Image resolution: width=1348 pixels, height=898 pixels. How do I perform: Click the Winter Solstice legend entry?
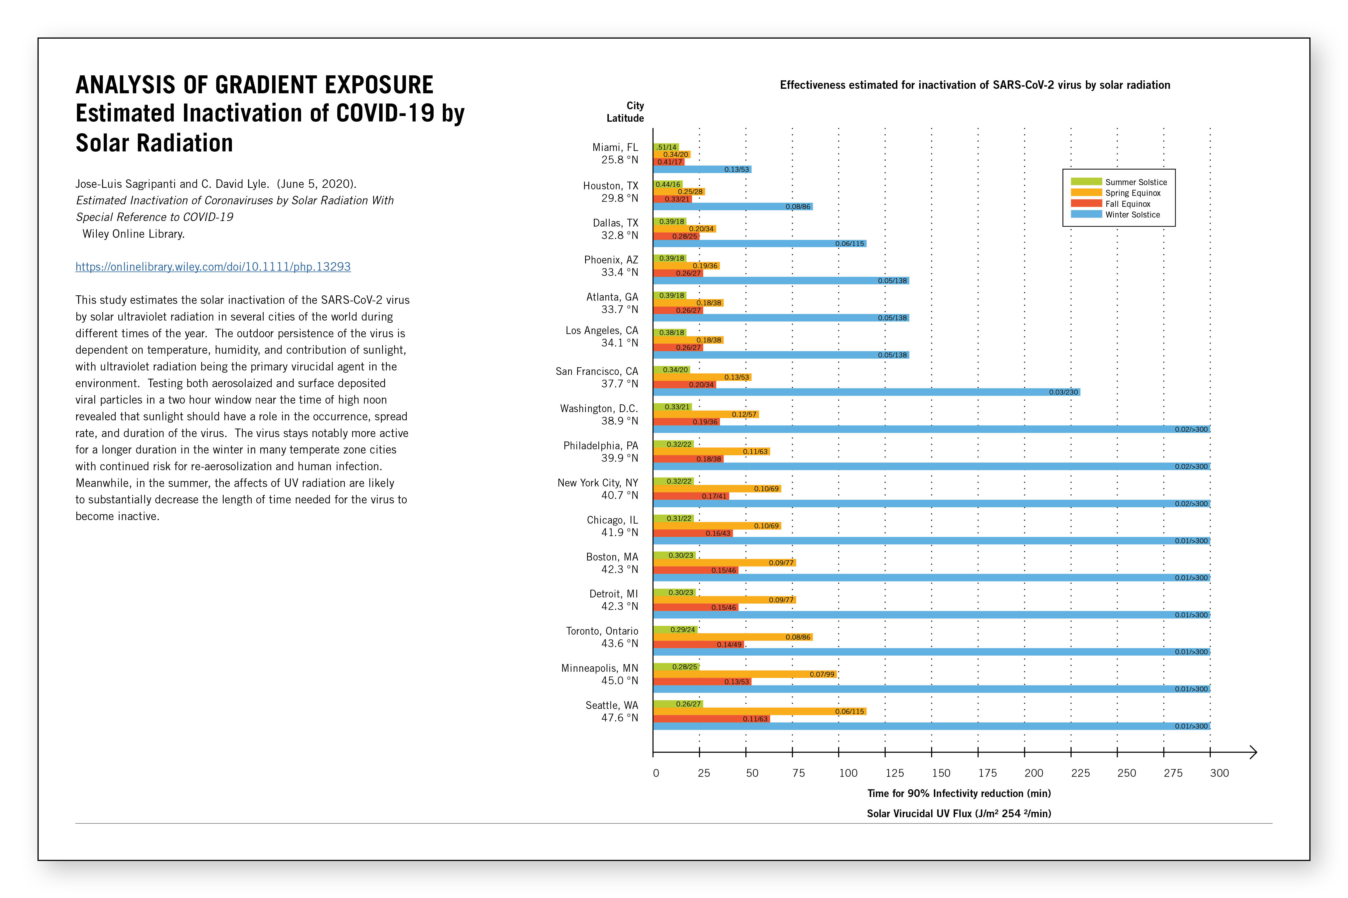tap(1115, 215)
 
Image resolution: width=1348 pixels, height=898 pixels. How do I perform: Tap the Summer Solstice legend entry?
tap(1119, 182)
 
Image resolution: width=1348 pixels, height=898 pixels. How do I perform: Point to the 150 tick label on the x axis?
tap(941, 773)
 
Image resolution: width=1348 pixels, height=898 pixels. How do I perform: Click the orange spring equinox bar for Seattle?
tap(759, 711)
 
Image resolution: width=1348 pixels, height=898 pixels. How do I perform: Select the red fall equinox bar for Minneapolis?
tap(702, 681)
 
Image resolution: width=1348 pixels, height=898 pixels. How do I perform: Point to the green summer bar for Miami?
tap(666, 147)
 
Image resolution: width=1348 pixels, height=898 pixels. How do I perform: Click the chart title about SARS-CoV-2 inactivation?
tap(975, 85)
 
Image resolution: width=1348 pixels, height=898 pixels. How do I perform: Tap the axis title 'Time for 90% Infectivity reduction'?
tap(959, 793)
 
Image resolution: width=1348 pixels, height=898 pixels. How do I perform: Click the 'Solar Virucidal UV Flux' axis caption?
tap(959, 813)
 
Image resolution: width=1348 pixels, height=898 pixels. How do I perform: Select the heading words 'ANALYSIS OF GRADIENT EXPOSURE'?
tap(254, 85)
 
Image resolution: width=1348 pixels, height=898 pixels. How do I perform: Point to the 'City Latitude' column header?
tap(625, 112)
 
